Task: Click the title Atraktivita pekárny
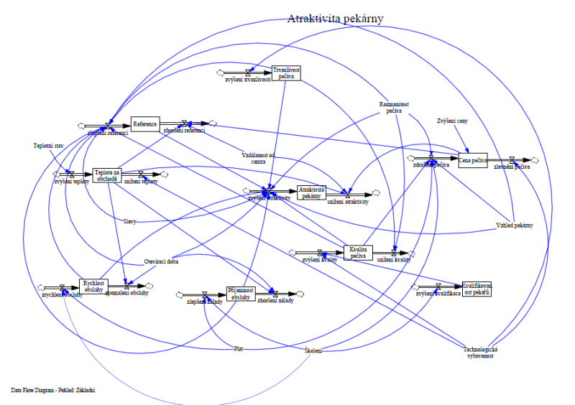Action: point(335,19)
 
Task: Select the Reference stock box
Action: point(144,124)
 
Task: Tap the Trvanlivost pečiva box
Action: point(286,73)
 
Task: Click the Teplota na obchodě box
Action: point(106,174)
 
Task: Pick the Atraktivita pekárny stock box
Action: point(311,192)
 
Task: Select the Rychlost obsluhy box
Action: point(93,285)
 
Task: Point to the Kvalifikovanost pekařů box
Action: point(477,289)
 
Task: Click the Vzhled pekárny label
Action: point(514,225)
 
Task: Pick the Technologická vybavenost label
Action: point(481,353)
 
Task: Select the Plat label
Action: point(238,349)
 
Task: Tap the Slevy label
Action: point(129,221)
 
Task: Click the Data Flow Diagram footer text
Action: point(53,390)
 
